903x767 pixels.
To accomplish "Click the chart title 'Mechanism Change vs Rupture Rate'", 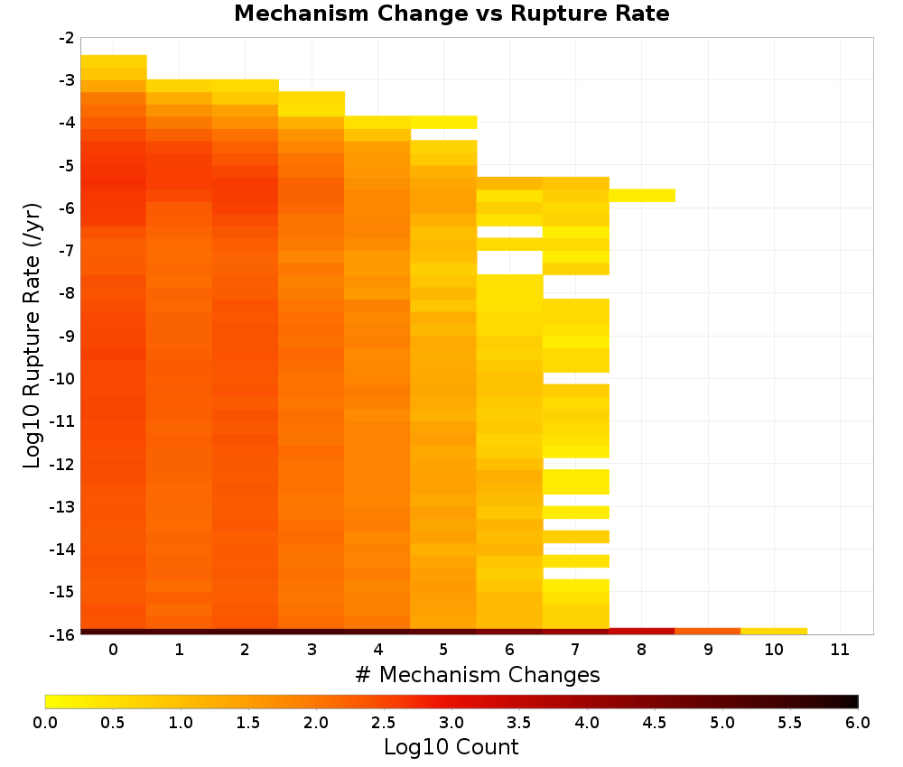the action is pyautogui.click(x=451, y=14).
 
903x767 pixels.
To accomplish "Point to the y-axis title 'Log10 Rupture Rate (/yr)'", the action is pyautogui.click(x=33, y=336).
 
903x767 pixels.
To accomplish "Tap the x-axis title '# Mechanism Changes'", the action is pyautogui.click(x=478, y=674).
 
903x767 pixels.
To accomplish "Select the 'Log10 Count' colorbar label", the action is pyautogui.click(x=451, y=747).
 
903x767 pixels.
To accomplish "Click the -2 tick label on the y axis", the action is pyautogui.click(x=67, y=38).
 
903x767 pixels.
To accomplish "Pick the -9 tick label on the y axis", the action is pyautogui.click(x=67, y=336).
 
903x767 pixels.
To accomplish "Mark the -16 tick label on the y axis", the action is pyautogui.click(x=63, y=634).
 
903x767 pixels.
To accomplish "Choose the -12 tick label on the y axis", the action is pyautogui.click(x=63, y=464).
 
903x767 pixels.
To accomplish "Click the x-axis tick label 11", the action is pyautogui.click(x=840, y=650).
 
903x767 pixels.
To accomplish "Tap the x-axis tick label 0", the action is pyautogui.click(x=114, y=650).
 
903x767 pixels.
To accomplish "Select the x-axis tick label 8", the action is pyautogui.click(x=641, y=650).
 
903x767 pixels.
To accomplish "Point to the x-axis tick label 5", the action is pyautogui.click(x=443, y=650).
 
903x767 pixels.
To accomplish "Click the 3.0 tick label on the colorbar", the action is pyautogui.click(x=451, y=723).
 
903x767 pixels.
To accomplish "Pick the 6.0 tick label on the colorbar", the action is pyautogui.click(x=858, y=723).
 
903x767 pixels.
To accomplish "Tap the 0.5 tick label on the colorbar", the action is pyautogui.click(x=112, y=723).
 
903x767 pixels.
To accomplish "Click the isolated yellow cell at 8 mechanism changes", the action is pyautogui.click(x=642, y=196).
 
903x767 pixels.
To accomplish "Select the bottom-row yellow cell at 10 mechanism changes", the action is pyautogui.click(x=774, y=632).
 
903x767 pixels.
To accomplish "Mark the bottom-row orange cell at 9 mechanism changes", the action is pyautogui.click(x=708, y=632).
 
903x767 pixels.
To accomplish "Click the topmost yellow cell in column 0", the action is pyautogui.click(x=114, y=61).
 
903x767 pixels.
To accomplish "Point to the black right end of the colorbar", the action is pyautogui.click(x=854, y=701).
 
